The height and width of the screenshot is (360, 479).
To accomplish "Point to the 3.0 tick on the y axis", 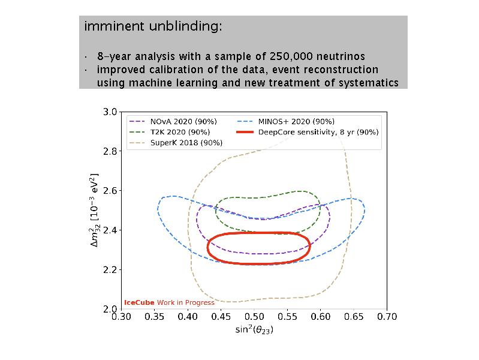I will [110, 112].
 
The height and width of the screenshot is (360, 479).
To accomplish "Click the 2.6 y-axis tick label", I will [110, 191].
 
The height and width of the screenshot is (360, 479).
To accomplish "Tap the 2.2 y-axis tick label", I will [110, 269].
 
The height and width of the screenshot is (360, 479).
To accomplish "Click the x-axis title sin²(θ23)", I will [254, 329].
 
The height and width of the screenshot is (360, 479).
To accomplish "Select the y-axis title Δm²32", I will [94, 210].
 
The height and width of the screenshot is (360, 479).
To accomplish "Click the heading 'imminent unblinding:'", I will [153, 27].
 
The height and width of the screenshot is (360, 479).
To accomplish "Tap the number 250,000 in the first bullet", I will [297, 57].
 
